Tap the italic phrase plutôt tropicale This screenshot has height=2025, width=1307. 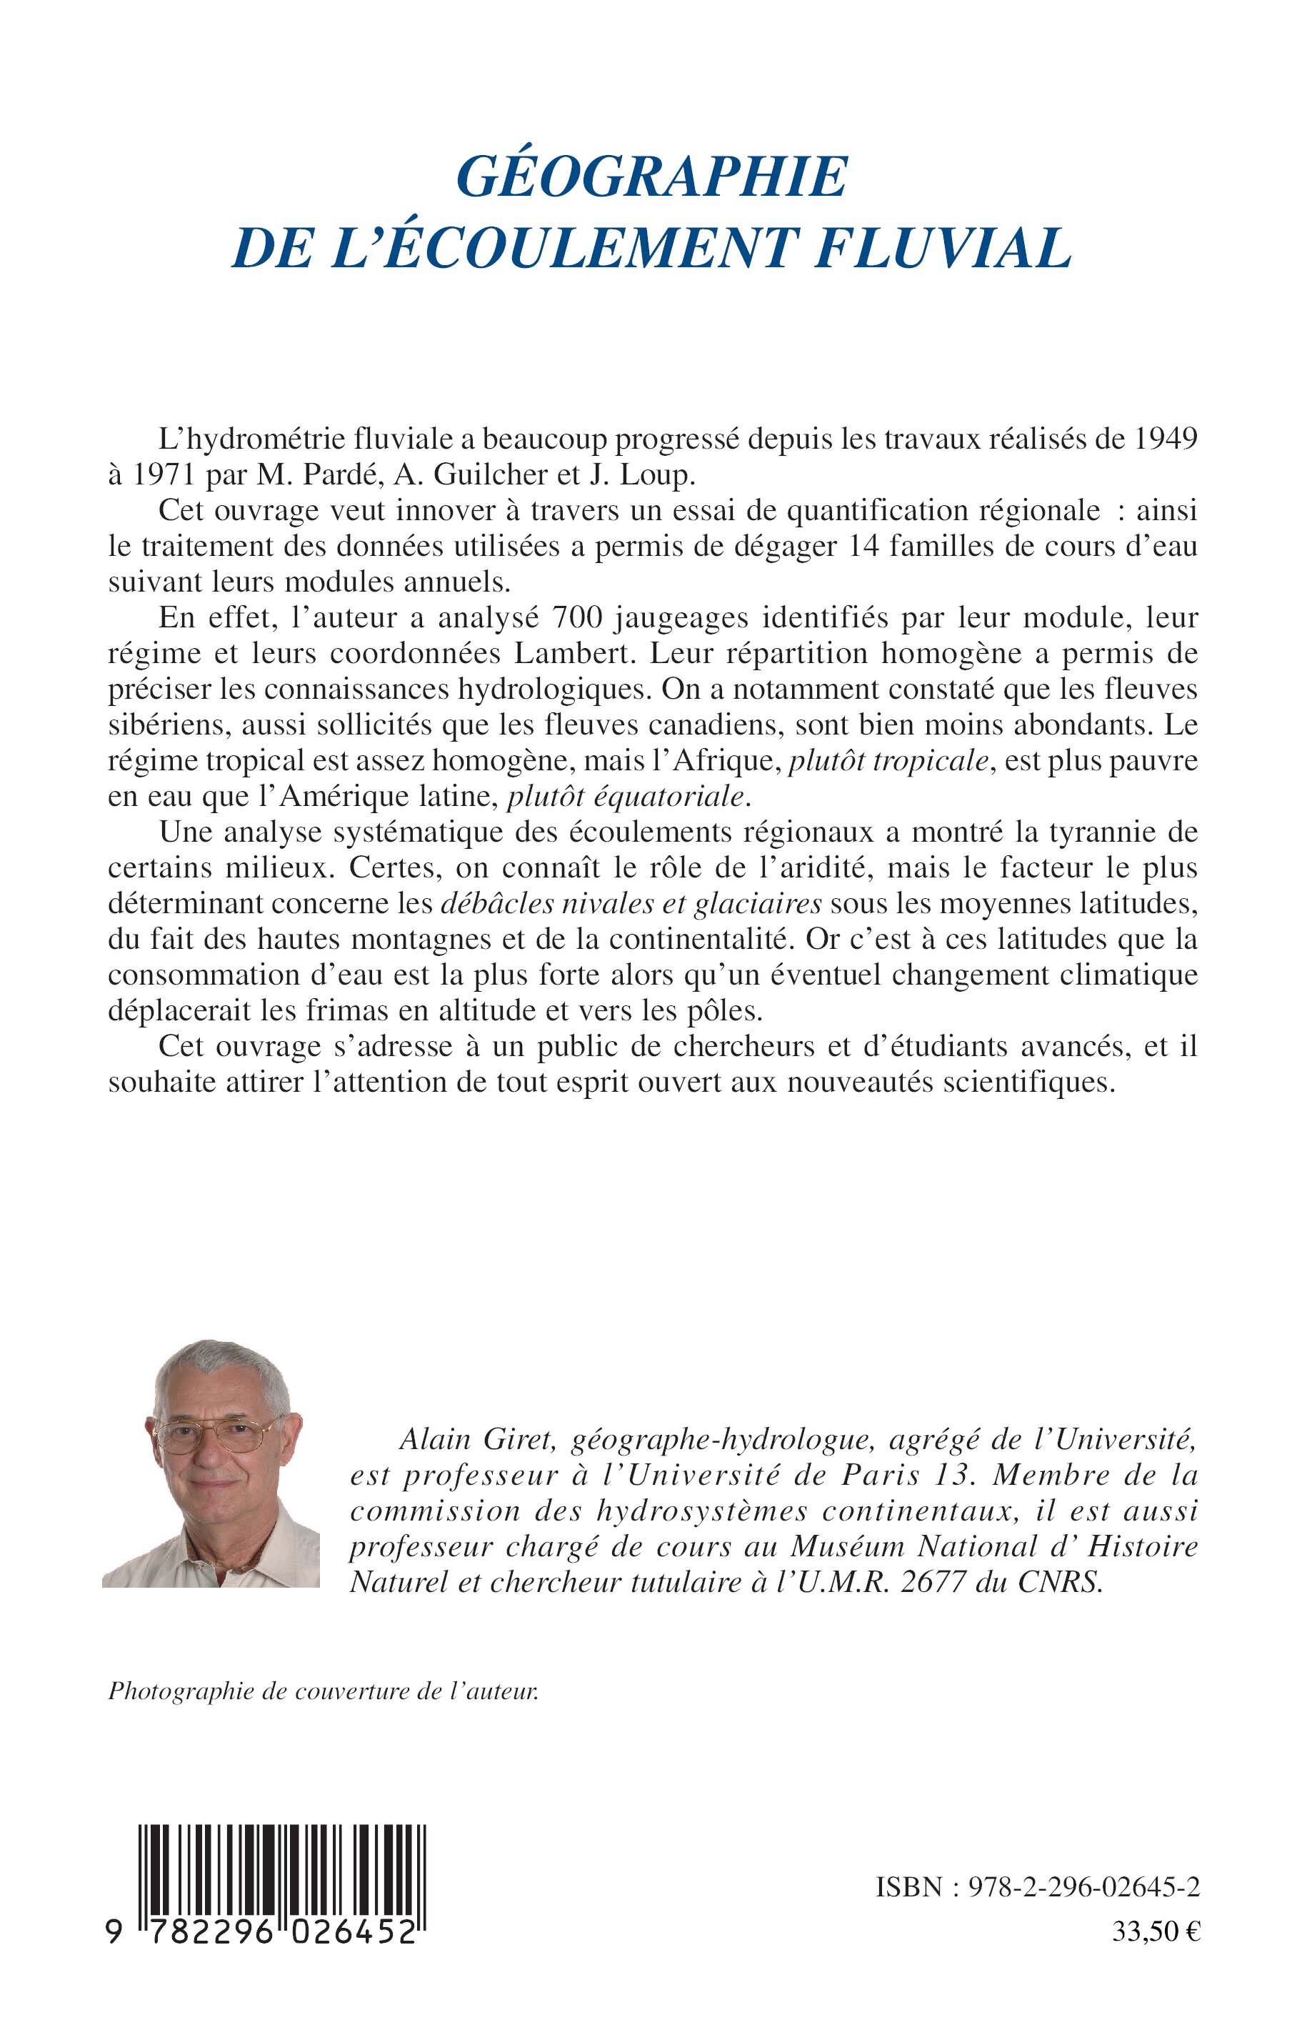click(888, 761)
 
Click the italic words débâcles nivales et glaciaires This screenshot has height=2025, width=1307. click(631, 903)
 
